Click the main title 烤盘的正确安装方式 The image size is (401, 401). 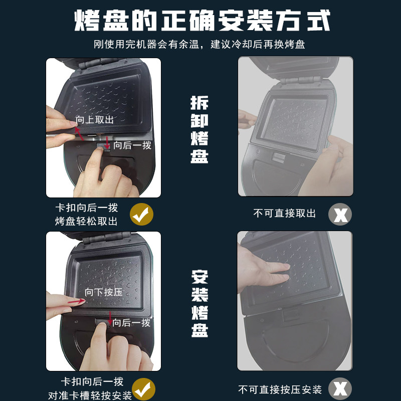202,21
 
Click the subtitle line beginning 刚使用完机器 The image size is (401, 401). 199,44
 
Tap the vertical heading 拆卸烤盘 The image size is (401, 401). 199,129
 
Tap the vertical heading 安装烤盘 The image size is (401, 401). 199,304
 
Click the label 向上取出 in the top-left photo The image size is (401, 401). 94,120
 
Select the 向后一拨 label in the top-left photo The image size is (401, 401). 132,145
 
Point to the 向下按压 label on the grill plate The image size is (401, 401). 104,292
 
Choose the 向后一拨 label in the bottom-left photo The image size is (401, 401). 131,323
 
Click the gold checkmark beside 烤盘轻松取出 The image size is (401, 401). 141,215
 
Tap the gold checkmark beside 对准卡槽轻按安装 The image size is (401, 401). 143,389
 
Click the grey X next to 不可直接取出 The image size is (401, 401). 340,215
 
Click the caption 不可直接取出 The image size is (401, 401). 284,214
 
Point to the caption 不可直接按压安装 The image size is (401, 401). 280,390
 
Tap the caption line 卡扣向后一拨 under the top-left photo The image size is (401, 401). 87,208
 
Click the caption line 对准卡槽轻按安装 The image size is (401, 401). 90,395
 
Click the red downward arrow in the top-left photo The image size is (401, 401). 107,143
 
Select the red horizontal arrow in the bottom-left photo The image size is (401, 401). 77,302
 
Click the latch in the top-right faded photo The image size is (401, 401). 278,157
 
